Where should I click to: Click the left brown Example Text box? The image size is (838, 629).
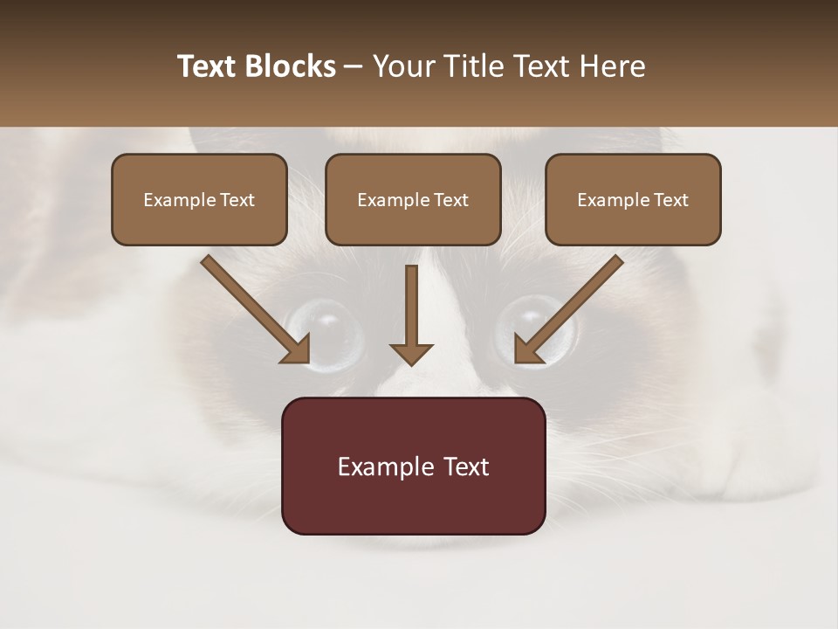coord(199,199)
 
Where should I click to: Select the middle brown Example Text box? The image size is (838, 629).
coord(413,199)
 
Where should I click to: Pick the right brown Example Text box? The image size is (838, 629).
coord(633,199)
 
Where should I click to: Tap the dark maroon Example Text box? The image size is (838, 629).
coord(413,466)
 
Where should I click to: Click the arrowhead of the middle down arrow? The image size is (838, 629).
coord(411,354)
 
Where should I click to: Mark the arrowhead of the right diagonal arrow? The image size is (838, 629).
coord(527,349)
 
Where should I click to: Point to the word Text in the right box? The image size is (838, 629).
coord(670,200)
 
